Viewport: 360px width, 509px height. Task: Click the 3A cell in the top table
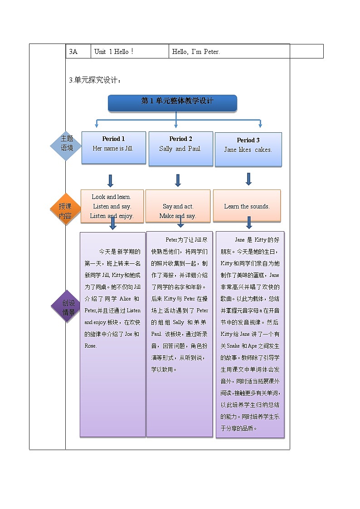[x=78, y=52]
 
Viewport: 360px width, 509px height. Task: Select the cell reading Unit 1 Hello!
[x=130, y=52]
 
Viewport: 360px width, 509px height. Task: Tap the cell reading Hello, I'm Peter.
[x=229, y=52]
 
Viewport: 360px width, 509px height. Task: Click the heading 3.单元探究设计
[x=95, y=80]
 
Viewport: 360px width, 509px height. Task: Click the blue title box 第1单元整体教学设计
[x=172, y=102]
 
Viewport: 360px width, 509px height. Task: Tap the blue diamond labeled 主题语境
[x=67, y=144]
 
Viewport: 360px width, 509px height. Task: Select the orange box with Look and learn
[x=112, y=206]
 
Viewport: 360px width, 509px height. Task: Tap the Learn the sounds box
[x=247, y=206]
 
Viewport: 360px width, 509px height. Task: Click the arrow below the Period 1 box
[x=110, y=180]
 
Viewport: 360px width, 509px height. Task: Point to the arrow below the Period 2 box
[x=178, y=180]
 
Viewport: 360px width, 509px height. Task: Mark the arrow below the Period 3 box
[x=248, y=179]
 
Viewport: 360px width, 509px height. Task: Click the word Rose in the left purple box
[x=91, y=345]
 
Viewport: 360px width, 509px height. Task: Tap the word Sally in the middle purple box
[x=178, y=322]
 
